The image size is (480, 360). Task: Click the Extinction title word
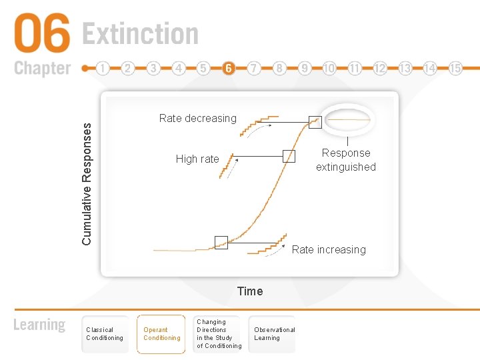140,34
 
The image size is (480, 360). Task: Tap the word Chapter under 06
42,68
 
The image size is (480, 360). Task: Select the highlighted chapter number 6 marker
229,68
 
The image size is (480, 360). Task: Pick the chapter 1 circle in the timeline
103,68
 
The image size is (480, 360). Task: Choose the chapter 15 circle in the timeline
455,68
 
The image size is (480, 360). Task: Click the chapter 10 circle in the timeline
329,68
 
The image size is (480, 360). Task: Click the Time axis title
250,291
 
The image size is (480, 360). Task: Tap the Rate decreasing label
198,118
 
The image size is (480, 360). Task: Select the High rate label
197,159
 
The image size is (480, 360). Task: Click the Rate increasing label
329,249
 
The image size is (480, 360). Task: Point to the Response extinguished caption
346,160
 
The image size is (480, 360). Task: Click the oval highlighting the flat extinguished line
347,119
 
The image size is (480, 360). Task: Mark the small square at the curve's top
315,122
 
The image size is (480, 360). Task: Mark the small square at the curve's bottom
221,243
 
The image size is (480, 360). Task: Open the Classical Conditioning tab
105,334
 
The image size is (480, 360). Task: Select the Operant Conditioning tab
162,334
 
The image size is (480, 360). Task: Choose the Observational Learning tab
274,334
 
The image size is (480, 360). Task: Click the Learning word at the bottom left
40,325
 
